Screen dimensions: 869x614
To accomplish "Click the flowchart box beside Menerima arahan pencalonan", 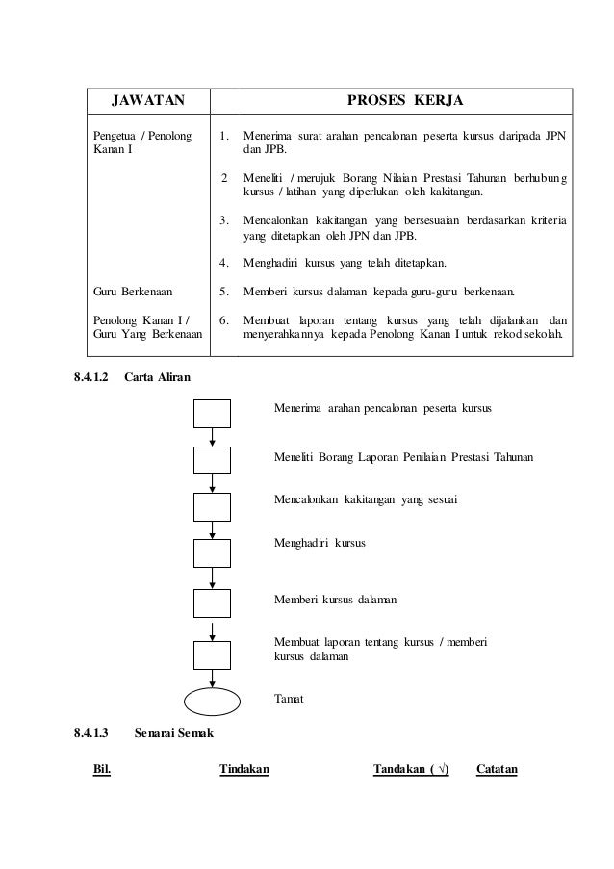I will (x=212, y=412).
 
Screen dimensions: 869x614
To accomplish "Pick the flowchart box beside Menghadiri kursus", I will (x=212, y=552).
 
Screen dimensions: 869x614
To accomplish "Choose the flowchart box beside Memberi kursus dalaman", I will (x=212, y=602).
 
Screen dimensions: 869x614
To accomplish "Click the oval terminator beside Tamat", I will (x=212, y=700).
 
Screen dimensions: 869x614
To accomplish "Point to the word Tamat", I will (x=289, y=699).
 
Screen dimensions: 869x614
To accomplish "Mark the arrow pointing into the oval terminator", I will (x=212, y=677).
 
